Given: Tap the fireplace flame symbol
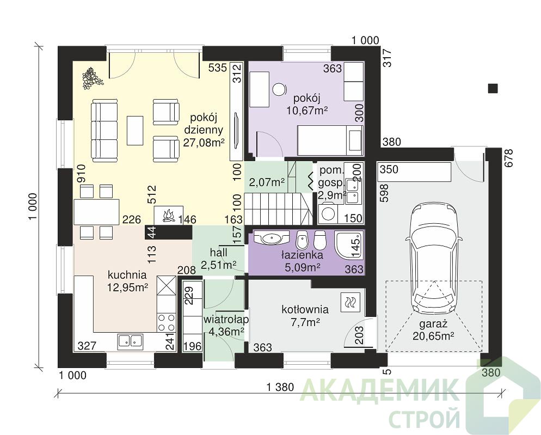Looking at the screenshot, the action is [x=168, y=216].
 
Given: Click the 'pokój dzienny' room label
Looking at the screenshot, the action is [x=204, y=130].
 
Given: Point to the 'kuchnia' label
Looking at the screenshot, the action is [x=127, y=275].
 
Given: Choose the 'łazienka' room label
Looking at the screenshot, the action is [x=302, y=255].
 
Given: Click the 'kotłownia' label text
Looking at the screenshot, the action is [x=305, y=309].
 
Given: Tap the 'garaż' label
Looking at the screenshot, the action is [x=433, y=324].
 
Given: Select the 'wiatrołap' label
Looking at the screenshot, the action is [x=226, y=320].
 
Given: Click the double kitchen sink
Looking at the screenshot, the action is [x=131, y=340].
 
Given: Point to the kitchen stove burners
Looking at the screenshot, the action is [x=165, y=322].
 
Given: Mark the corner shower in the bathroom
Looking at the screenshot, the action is [x=349, y=244].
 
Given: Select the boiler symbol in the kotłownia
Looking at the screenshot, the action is [x=351, y=302].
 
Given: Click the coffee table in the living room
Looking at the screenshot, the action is [x=135, y=131].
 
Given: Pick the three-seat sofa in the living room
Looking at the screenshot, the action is [x=104, y=130].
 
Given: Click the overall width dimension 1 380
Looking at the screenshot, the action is [x=280, y=387].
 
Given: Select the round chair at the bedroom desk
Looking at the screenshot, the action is [x=279, y=89].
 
